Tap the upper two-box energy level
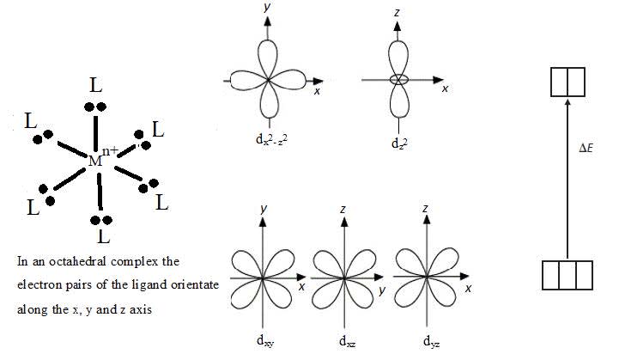click(567, 82)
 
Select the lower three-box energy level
click(567, 276)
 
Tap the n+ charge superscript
click(111, 152)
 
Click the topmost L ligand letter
click(96, 84)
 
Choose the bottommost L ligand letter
click(103, 235)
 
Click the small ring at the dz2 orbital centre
click(397, 80)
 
